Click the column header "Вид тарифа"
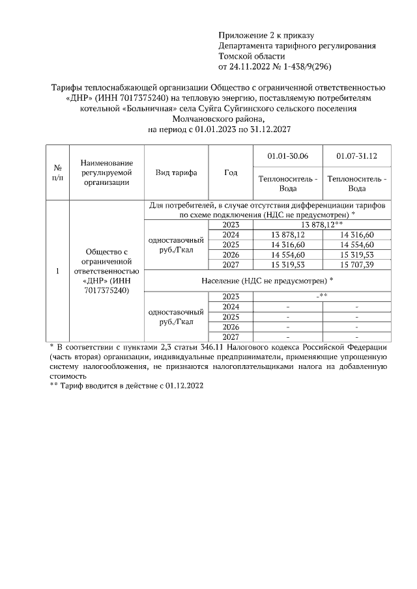point(176,172)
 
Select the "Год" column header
point(230,172)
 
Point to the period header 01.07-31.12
point(356,157)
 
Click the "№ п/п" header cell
point(57,172)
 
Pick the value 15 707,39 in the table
point(356,265)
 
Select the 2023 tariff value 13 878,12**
point(322,225)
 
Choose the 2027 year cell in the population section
point(230,336)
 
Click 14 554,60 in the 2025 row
point(356,245)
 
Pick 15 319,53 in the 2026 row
point(356,255)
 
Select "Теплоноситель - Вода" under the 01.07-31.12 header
point(356,184)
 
